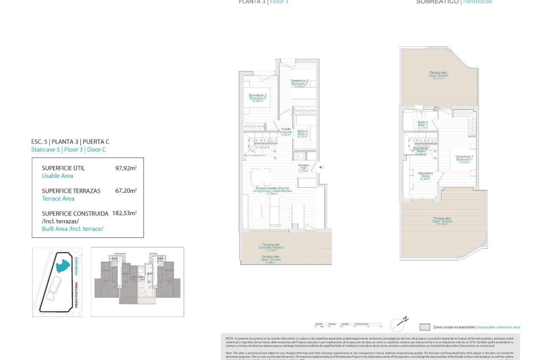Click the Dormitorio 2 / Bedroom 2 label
(258, 98)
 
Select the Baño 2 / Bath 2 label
(303, 134)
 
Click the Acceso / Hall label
(304, 168)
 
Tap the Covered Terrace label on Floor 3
(271, 247)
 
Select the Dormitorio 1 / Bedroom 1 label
(464, 159)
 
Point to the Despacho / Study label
(425, 176)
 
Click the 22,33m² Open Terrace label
(438, 75)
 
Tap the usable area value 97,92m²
(126, 168)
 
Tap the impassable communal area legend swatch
(425, 327)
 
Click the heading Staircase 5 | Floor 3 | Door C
(68, 150)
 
